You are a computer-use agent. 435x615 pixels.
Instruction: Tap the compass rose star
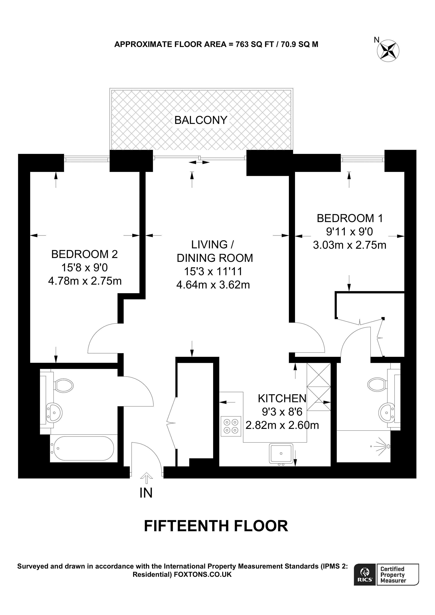point(388,50)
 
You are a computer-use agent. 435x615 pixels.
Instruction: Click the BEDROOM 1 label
point(350,218)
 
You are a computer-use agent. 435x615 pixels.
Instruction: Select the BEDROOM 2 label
point(84,254)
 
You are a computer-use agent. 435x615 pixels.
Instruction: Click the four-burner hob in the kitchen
point(231,426)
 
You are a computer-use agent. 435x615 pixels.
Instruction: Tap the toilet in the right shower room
point(376,385)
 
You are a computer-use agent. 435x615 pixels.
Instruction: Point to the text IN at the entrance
point(146,493)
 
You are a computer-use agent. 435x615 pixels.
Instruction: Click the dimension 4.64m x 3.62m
point(213,285)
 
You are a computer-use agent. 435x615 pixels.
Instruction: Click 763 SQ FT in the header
point(254,44)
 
